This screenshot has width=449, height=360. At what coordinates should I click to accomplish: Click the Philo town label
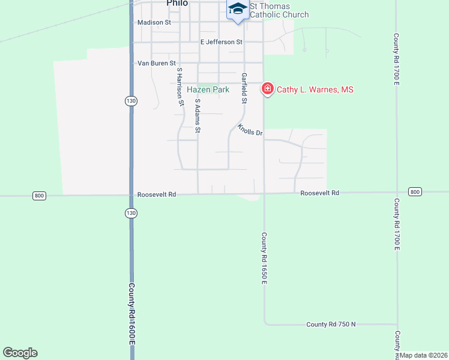click(177, 3)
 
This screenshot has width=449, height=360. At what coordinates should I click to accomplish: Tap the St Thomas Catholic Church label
click(279, 10)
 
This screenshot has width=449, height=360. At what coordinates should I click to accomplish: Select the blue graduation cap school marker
click(238, 8)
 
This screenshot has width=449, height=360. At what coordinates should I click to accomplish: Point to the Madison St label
click(154, 22)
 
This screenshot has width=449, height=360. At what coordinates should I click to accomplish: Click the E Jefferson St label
click(221, 42)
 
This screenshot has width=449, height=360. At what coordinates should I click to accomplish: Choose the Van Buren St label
click(157, 62)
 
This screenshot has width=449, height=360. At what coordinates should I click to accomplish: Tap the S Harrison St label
click(179, 87)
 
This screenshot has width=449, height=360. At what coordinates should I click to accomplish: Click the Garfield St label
click(244, 88)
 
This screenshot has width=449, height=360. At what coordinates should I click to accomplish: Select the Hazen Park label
click(208, 89)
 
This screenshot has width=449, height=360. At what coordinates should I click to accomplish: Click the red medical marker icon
click(267, 89)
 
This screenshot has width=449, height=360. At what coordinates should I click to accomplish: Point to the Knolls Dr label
click(250, 130)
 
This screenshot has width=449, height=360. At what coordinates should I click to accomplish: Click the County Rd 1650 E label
click(264, 259)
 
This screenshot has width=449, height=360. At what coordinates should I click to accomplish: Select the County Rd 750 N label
click(331, 324)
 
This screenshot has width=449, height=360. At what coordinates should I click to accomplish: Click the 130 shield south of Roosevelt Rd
click(131, 213)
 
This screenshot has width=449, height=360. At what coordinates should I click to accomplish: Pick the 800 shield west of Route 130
click(40, 196)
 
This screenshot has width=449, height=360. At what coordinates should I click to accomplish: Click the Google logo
click(20, 353)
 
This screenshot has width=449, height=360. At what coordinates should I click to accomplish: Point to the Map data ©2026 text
click(424, 355)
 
